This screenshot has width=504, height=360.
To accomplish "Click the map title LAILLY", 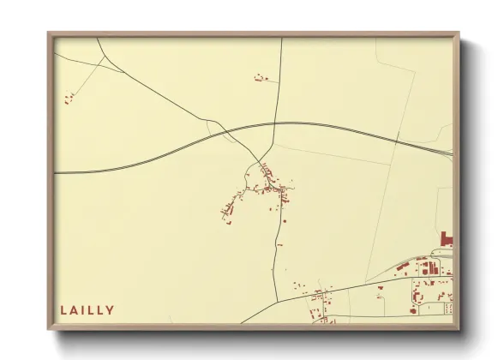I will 87,310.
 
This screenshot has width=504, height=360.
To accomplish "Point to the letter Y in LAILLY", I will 110,310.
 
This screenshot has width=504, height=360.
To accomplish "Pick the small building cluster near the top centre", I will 261,78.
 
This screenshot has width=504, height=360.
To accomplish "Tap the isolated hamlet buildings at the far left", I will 69,99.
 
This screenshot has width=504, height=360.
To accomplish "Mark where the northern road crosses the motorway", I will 274,123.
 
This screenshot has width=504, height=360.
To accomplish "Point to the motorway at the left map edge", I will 57,172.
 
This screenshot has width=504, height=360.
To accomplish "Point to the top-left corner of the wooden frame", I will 50,34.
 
